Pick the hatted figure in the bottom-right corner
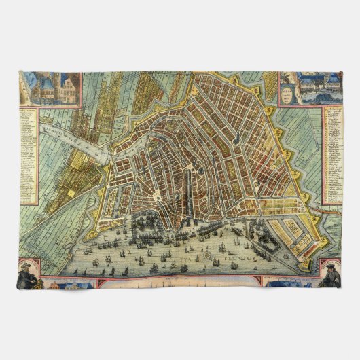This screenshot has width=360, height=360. coord(331,272)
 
